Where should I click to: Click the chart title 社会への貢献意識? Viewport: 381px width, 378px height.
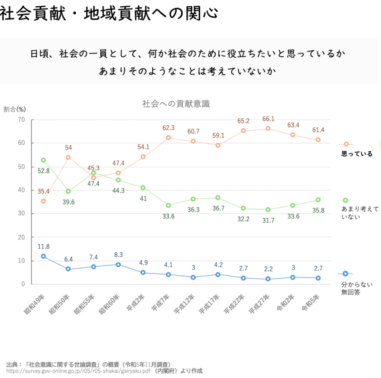(x=176, y=104)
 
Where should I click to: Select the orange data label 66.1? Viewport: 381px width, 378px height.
(x=268, y=119)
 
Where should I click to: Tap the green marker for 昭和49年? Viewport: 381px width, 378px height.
(x=44, y=160)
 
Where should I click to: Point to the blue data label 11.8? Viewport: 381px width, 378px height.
(x=44, y=246)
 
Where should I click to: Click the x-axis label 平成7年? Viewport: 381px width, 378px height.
(x=161, y=304)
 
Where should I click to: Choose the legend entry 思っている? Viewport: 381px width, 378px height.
(x=356, y=154)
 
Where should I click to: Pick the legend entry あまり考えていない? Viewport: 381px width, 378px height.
(x=356, y=213)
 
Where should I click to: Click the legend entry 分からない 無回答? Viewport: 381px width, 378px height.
(x=356, y=288)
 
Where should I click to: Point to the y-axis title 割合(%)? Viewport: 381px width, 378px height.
(x=15, y=109)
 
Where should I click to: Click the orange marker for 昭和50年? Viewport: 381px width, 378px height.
(x=68, y=157)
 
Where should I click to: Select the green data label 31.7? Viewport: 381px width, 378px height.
(x=268, y=220)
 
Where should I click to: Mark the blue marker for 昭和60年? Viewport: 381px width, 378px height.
(x=118, y=265)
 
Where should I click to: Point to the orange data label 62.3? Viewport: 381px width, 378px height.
(x=169, y=128)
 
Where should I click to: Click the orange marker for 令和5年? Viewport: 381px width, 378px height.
(x=318, y=140)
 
